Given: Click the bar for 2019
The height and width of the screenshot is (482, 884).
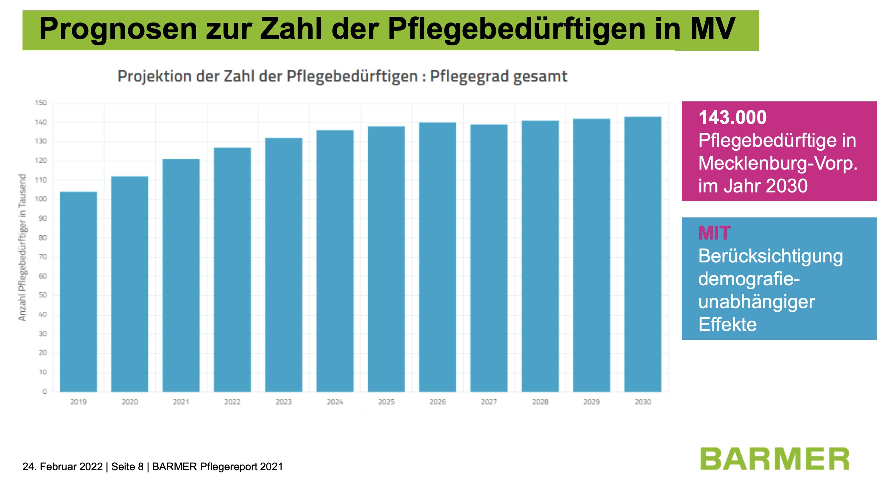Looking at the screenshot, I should tap(78, 292).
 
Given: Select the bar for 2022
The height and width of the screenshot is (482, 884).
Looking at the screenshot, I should tap(232, 270).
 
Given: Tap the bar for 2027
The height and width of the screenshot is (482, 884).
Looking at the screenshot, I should tap(489, 258).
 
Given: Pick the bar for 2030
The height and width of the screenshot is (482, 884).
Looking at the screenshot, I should tap(643, 254).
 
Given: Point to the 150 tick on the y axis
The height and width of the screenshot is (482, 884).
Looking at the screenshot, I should tap(41, 103).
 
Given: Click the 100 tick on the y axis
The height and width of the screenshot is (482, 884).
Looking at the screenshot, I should tap(41, 199).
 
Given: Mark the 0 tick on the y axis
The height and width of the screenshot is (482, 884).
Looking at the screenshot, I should tap(45, 392).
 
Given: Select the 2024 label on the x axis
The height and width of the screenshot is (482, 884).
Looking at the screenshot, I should tap(335, 402).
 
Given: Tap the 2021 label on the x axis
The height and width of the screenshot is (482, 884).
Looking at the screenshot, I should tap(181, 402).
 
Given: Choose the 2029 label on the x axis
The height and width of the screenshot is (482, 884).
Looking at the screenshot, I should tap(591, 402).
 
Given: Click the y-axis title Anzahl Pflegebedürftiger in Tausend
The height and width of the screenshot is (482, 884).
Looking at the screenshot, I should tap(22, 247).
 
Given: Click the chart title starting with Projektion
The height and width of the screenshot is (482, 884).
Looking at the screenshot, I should tap(342, 76).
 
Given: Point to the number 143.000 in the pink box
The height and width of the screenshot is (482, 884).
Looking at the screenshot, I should tap(732, 117).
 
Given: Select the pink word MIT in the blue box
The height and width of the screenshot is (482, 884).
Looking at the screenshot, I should tap(714, 233).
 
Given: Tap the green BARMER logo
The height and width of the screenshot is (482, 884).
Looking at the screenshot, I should tap(774, 459).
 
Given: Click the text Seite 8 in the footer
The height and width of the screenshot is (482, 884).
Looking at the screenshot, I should tap(127, 467).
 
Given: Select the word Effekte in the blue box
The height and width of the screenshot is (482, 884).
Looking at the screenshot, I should tap(727, 325).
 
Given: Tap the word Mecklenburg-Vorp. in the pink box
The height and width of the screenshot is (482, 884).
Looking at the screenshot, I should tap(778, 163).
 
